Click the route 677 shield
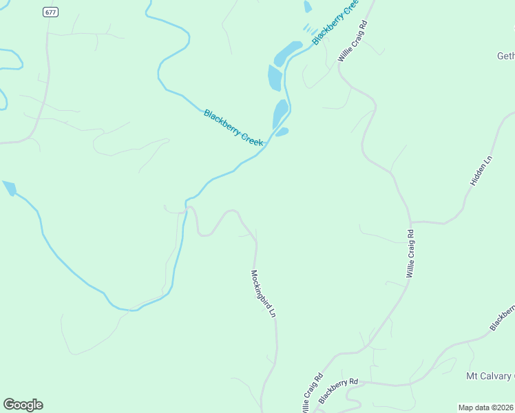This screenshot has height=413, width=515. point(50,12)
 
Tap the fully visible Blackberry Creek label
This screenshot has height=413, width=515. point(233,127)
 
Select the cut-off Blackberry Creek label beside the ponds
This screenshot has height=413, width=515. point(335,22)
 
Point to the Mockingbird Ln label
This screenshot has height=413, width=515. point(263,293)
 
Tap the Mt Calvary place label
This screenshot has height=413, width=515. point(490,376)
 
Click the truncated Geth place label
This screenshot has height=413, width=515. point(505,56)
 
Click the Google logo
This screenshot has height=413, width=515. point(23,405)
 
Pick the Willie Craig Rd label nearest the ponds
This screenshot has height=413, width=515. point(353,41)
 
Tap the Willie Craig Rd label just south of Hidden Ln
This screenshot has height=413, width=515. point(410,253)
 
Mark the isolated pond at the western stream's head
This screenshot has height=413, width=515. point(9,188)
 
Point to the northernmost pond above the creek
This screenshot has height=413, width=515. point(307,7)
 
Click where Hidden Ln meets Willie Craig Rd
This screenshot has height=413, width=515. point(412,222)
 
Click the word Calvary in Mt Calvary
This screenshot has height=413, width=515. point(497,376)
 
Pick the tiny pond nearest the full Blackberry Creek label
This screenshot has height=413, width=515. point(282,131)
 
